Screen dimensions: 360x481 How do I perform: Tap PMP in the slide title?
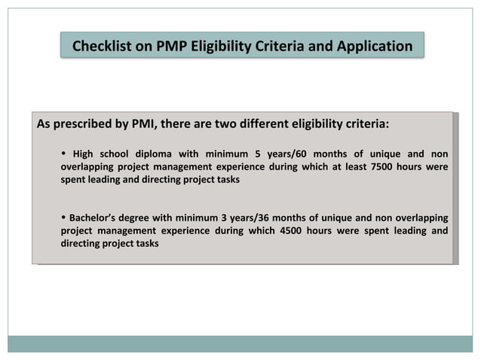tap(172, 47)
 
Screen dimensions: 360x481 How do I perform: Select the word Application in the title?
tap(372, 47)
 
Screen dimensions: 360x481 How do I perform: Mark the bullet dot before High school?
tap(63, 154)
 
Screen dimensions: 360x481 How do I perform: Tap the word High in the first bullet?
tap(83, 154)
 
